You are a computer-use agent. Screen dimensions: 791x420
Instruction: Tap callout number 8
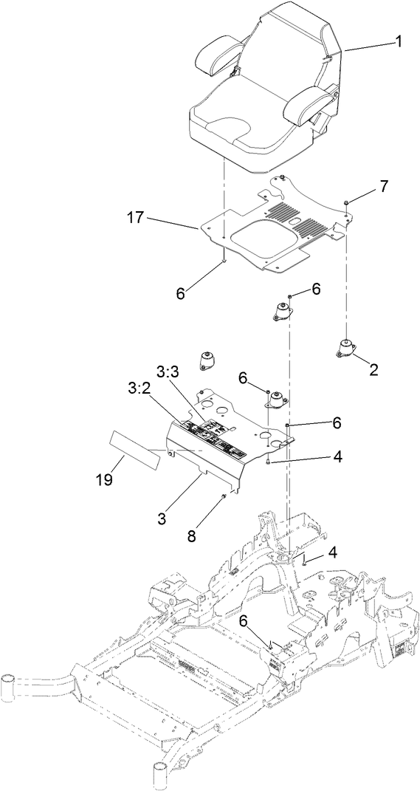click(x=191, y=536)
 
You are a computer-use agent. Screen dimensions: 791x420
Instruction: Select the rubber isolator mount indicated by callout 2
click(x=344, y=347)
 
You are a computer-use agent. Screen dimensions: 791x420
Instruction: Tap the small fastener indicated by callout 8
click(x=222, y=497)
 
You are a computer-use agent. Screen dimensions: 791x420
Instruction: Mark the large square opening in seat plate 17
click(x=261, y=242)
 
